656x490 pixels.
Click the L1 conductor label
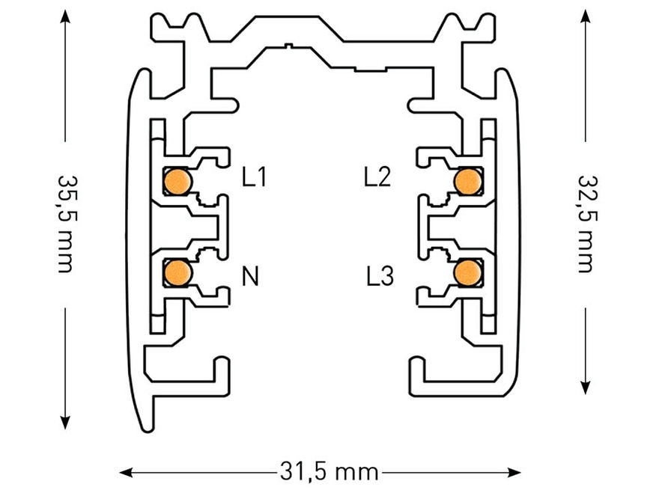(255, 177)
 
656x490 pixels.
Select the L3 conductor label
(379, 278)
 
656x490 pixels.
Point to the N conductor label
(251, 278)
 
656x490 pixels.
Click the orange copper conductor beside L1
(177, 181)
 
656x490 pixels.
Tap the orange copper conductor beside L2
(468, 180)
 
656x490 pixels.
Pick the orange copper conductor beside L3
(468, 271)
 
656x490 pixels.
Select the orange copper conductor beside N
(177, 271)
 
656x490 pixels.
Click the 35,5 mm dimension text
(65, 224)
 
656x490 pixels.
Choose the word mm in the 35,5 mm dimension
(65, 251)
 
